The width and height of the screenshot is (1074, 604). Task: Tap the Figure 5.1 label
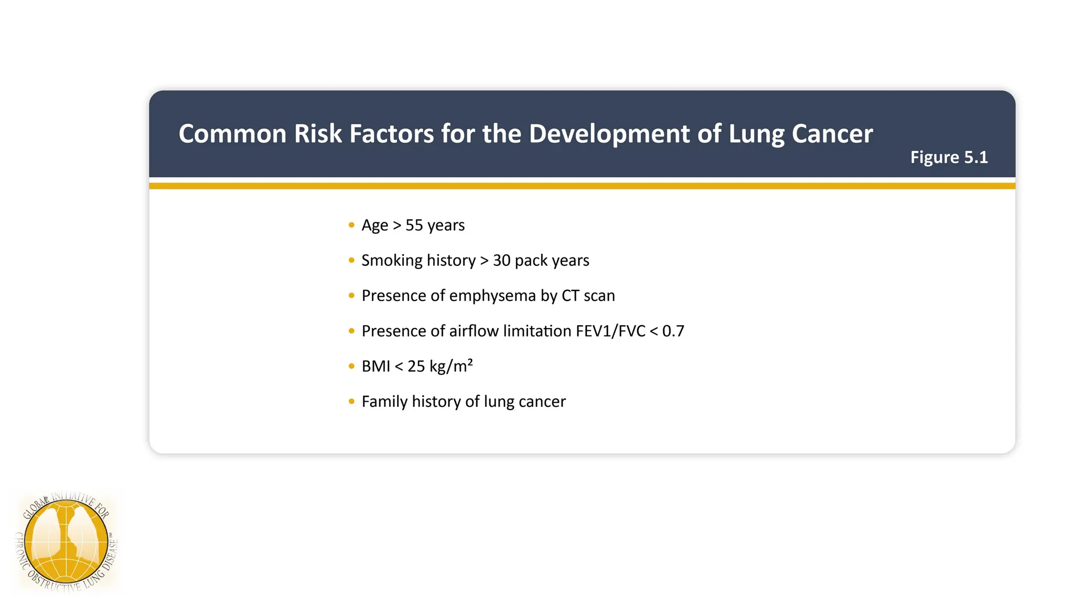pos(949,157)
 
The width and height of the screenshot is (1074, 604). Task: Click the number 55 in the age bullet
pos(414,225)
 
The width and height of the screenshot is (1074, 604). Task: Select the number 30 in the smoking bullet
pos(501,261)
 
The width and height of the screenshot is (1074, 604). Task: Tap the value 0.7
pos(673,331)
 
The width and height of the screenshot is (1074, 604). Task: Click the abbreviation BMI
pos(375,366)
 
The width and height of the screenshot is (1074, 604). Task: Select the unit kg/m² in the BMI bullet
pos(451,366)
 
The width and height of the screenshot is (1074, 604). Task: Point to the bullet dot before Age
pos(351,225)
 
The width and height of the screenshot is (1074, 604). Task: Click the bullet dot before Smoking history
pos(351,261)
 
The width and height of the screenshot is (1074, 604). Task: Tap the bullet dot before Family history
pos(351,402)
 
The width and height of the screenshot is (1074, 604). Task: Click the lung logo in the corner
pos(67,542)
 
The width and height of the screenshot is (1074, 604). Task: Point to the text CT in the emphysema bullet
pos(570,296)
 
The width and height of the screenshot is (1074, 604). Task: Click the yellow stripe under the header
pos(582,186)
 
